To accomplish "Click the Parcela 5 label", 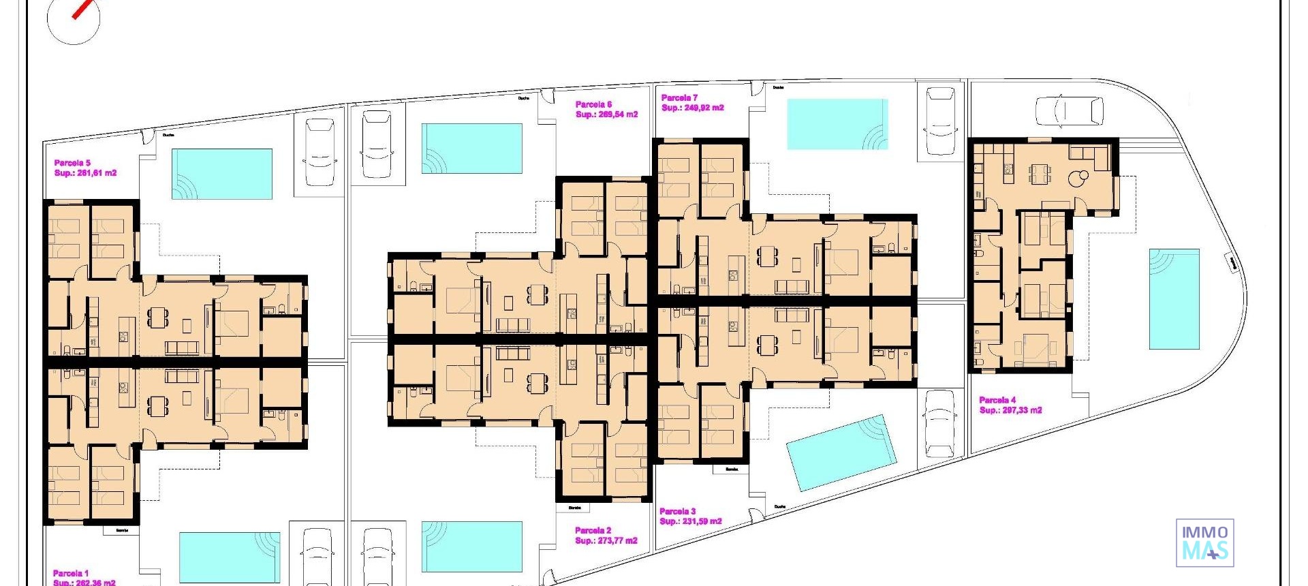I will tap(72, 163).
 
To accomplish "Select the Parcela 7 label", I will tap(679, 97).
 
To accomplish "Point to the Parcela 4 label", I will tap(997, 400).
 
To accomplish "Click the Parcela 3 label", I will tap(677, 511).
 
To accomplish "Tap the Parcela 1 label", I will tap(71, 573).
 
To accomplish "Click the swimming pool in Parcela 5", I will tap(222, 174).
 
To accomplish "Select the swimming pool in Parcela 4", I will tap(1174, 298).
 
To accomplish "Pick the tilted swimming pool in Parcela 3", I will tap(841, 452).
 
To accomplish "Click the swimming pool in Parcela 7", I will tap(837, 124).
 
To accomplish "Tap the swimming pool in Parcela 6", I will tap(471, 148).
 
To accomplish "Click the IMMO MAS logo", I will tap(1204, 542).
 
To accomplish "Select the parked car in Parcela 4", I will tap(1069, 110).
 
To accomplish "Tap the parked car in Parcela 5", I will tap(320, 152).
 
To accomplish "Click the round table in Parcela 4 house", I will tap(1077, 179).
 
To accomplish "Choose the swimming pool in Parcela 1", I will tap(230, 557).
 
